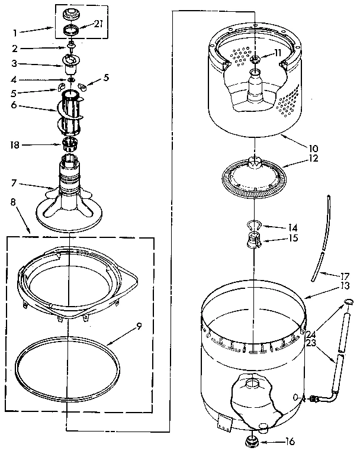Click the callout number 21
click(x=99, y=23)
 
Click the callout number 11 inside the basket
click(x=278, y=53)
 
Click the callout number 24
click(x=311, y=333)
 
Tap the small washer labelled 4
click(x=71, y=79)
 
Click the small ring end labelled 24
click(x=348, y=304)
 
